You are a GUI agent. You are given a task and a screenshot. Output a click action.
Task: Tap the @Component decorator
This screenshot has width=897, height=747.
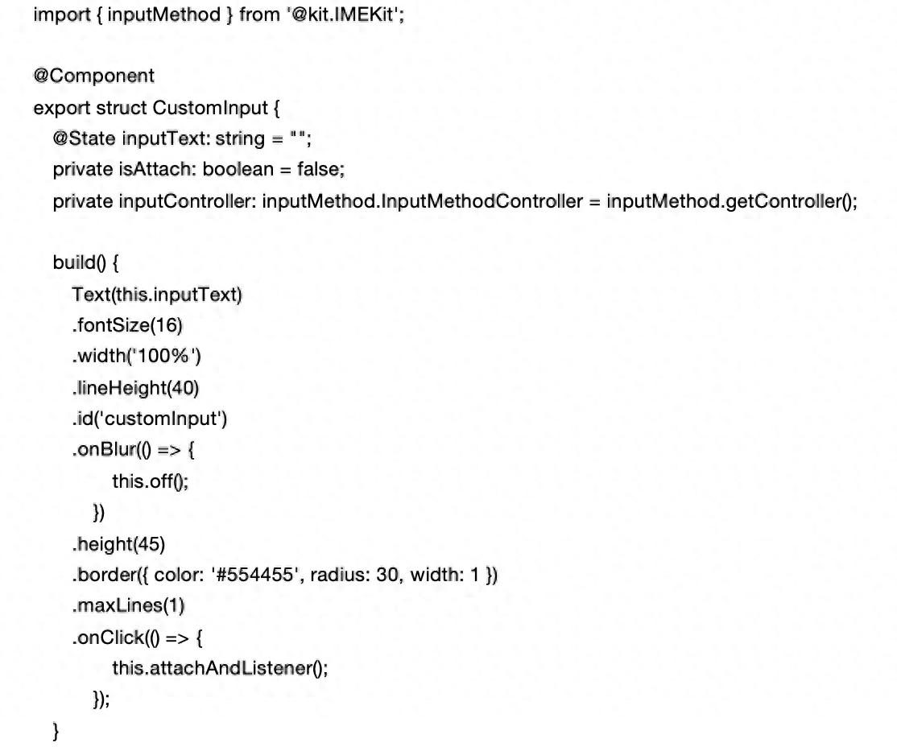93,76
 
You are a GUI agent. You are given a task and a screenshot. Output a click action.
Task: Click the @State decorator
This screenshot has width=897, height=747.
85,138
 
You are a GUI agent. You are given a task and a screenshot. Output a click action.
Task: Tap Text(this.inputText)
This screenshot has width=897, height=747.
157,295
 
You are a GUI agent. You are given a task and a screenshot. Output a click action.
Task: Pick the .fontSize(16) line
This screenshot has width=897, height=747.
128,325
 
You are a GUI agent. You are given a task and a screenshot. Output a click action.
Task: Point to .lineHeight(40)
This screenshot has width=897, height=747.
135,388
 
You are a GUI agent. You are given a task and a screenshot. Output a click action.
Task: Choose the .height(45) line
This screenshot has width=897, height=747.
118,544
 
